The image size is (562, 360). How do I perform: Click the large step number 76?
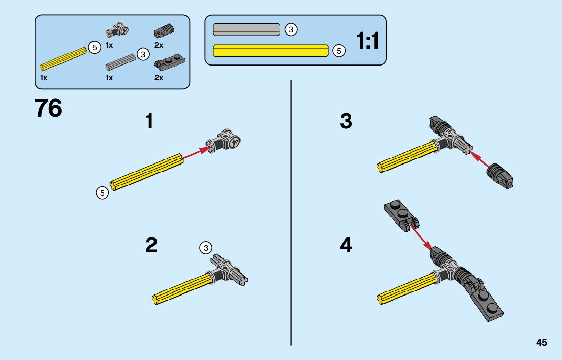tap(48, 108)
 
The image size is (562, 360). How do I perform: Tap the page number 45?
tap(541, 343)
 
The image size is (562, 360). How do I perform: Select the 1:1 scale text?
tap(368, 41)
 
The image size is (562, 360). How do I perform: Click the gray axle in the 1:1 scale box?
tap(247, 29)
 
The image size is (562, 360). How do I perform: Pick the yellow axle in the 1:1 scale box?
tap(271, 50)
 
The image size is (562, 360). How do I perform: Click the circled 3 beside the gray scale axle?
tap(291, 30)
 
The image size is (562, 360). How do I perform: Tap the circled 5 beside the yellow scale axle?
tap(339, 51)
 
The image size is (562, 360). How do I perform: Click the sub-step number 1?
tap(149, 122)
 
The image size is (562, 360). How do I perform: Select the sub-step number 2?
tap(151, 245)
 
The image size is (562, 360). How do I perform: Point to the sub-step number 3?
tap(346, 122)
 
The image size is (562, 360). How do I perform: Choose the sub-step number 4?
tap(346, 246)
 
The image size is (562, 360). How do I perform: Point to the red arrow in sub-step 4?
tap(419, 235)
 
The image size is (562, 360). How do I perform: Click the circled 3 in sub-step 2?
tap(205, 248)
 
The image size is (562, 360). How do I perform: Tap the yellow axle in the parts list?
tap(64, 59)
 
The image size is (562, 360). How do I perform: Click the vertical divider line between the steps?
tap(291, 213)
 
